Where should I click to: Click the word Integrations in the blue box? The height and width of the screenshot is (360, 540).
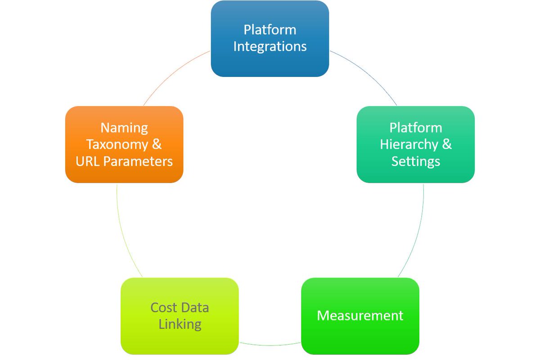270,46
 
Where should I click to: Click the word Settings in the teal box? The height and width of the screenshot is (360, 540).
415,161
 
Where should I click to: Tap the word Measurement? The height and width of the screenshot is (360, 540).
360,315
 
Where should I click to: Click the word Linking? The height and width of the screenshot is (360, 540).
180,324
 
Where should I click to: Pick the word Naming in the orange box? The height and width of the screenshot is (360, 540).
124,128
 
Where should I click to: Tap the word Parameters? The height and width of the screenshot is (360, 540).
138,162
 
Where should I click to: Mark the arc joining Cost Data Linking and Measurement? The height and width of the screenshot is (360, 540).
270,346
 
